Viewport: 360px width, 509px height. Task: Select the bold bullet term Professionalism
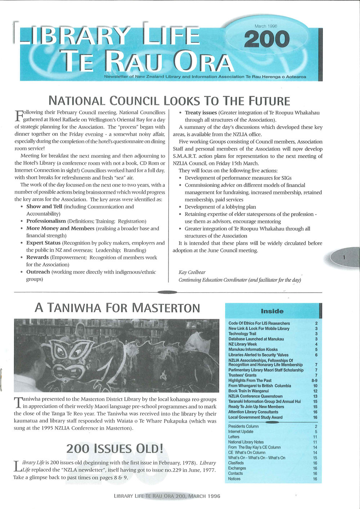46,221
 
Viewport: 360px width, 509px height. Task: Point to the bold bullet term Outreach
38,272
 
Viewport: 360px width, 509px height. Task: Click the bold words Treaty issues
201,113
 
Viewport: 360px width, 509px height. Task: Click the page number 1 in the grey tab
344,257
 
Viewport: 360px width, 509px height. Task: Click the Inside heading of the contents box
272,311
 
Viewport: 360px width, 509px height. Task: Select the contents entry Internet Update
241,432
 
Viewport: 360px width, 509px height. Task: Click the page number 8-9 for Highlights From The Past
314,380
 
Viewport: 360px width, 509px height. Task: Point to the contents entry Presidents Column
243,426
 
